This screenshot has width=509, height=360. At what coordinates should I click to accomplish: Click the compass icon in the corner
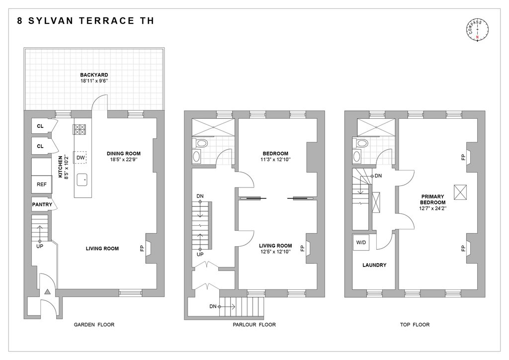[477, 30]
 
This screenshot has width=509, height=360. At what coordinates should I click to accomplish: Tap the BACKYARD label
[94, 75]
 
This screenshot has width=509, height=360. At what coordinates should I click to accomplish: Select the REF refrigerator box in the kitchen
[42, 184]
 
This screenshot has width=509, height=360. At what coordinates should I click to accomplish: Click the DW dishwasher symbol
[80, 158]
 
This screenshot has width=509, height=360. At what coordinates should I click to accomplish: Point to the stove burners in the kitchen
[80, 129]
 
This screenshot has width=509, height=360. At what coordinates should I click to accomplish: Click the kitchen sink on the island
[82, 180]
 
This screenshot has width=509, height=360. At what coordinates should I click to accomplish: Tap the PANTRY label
[42, 204]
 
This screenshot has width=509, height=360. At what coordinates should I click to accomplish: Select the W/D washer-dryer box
[361, 243]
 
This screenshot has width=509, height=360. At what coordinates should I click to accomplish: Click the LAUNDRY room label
[374, 265]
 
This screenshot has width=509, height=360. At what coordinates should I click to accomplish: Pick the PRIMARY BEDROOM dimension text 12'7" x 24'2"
[433, 208]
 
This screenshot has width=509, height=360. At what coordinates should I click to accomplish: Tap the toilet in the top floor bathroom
[361, 143]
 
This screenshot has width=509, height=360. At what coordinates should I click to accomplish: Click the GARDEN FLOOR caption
[94, 324]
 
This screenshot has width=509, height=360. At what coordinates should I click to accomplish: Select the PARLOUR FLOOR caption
[254, 324]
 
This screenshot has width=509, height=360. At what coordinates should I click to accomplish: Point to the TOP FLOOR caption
[415, 324]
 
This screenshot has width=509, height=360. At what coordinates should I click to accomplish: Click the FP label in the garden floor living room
[142, 248]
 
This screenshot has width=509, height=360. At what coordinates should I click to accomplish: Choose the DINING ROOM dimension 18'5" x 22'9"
[124, 160]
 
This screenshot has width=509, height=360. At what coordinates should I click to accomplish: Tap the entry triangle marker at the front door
[47, 292]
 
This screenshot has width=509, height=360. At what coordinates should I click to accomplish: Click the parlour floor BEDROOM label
[275, 154]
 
